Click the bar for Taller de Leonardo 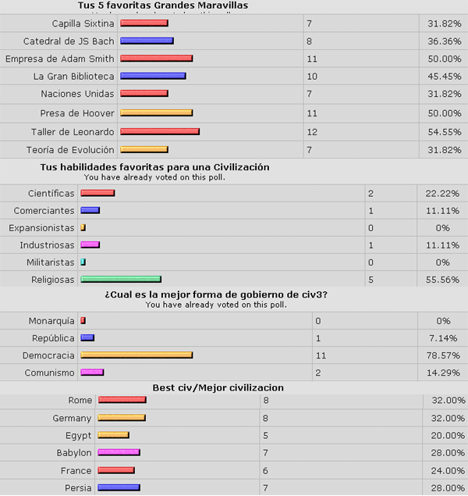point(160,131)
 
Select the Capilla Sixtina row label point(83,23)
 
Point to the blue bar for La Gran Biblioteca point(153,76)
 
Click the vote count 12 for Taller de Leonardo point(313,131)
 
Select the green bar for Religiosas point(120,279)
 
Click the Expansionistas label point(41,228)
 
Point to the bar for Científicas point(97,193)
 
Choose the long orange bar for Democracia point(136,355)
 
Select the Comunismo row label point(49,373)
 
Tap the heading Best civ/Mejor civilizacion point(218,387)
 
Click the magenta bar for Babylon point(119,452)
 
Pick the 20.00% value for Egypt point(445,435)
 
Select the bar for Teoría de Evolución point(144,149)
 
